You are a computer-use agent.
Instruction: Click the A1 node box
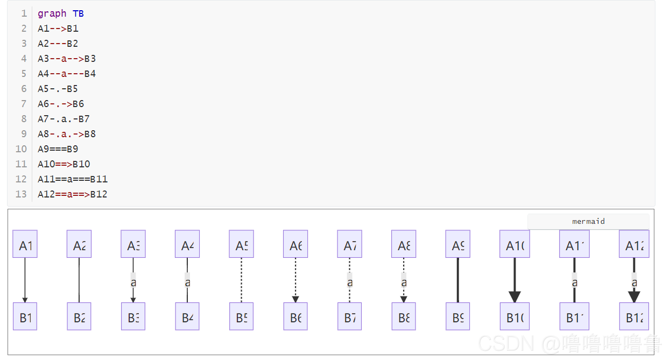(x=25, y=244)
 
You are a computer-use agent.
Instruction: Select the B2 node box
(x=79, y=316)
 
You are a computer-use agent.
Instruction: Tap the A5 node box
(x=241, y=244)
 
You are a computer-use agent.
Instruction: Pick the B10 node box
(x=514, y=316)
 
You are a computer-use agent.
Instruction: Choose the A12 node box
(x=634, y=244)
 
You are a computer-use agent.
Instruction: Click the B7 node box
(x=350, y=316)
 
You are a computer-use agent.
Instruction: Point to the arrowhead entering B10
(x=514, y=297)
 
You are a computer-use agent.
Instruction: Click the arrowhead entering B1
(x=25, y=299)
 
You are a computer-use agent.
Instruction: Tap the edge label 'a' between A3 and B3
(x=133, y=281)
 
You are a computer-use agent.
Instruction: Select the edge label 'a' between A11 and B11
(x=574, y=281)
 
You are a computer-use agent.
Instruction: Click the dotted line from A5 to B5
(x=241, y=280)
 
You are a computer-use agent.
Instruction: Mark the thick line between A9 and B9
(x=457, y=280)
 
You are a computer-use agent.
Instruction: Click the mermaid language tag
(x=588, y=221)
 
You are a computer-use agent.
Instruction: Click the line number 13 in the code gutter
(x=21, y=194)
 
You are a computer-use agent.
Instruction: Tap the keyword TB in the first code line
(x=78, y=13)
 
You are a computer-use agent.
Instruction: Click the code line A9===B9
(x=58, y=149)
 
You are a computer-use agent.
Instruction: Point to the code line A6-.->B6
(x=61, y=104)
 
